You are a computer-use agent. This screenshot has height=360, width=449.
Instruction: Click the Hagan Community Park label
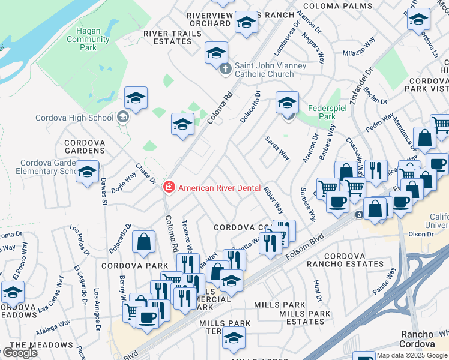tap(88, 40)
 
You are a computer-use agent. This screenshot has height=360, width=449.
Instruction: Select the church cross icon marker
tap(226, 69)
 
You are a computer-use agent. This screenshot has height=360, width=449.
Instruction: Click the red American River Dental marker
tap(169, 188)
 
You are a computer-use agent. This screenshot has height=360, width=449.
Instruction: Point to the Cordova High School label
tap(74, 118)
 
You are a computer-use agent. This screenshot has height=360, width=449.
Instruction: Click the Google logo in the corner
tap(20, 353)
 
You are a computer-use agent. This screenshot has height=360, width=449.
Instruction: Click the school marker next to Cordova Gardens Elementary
tap(88, 172)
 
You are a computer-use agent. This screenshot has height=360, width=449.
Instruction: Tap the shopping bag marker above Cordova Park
tap(144, 242)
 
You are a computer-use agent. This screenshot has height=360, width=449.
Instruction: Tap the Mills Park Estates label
tap(305, 317)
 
